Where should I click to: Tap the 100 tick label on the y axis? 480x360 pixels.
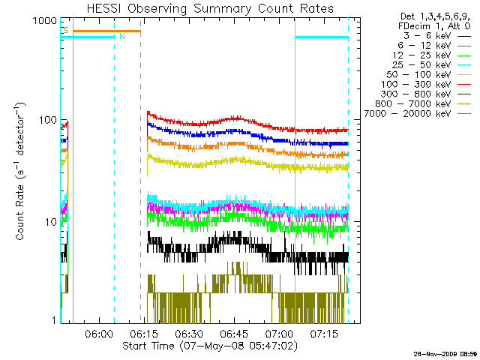point(48,121)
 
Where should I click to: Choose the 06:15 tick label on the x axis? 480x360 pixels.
point(144,334)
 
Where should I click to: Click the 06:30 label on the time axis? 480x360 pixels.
point(189,334)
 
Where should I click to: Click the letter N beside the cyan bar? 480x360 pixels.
point(121,36)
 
